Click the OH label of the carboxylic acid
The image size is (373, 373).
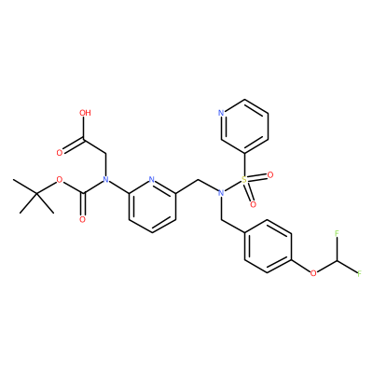coord(85,113)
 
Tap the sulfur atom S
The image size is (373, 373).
coord(244,180)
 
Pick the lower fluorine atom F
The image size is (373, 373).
coord(360,274)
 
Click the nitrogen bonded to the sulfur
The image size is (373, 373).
coord(221,193)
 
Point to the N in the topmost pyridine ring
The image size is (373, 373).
coord(221,113)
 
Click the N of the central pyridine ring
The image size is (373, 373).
coord(152,180)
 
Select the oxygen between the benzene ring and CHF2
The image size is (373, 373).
coord(313,273)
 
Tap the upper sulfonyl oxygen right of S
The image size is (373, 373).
coord(270,175)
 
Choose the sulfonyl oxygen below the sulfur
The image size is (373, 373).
coord(253,204)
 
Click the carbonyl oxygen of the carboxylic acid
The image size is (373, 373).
coord(60,153)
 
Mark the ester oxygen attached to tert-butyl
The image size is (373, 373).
coord(60,180)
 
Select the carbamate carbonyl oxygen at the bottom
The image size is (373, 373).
coord(82,220)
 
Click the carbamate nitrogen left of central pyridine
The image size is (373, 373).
coord(105,180)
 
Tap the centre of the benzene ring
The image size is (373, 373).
coord(268,247)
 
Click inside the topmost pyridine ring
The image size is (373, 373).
coord(244,126)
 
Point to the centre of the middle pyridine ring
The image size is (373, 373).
coord(152,206)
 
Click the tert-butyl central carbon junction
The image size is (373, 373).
coord(36,193)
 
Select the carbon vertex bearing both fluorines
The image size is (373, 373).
coord(337,260)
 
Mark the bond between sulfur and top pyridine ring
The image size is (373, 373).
coord(244,164)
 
